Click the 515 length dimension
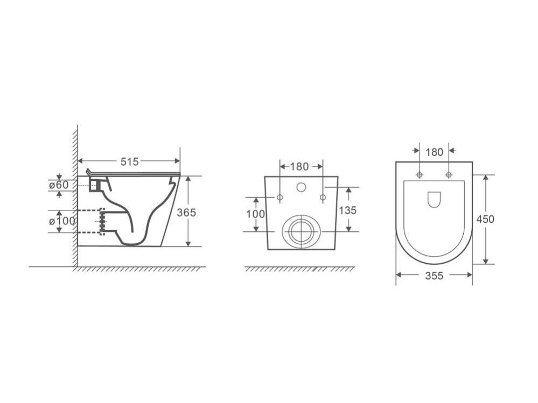[x=129, y=161]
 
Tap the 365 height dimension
[x=186, y=213]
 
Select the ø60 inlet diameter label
[x=59, y=185]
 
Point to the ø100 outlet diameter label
[x=62, y=221]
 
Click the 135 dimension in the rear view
[x=348, y=210]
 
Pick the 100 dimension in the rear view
[x=256, y=214]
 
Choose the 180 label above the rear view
[x=299, y=167]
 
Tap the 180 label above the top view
[x=435, y=152]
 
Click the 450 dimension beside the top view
[x=485, y=219]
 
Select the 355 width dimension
[x=435, y=275]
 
